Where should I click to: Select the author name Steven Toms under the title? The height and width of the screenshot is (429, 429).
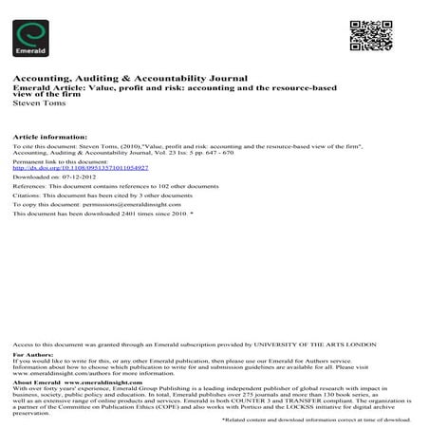click(x=40, y=103)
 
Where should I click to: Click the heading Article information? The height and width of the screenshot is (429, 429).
click(x=45, y=136)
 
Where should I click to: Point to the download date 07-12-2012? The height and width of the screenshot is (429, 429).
click(x=87, y=177)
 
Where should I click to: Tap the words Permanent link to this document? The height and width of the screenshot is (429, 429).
click(x=58, y=161)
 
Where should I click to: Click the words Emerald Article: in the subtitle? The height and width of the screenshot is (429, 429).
click(x=39, y=87)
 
